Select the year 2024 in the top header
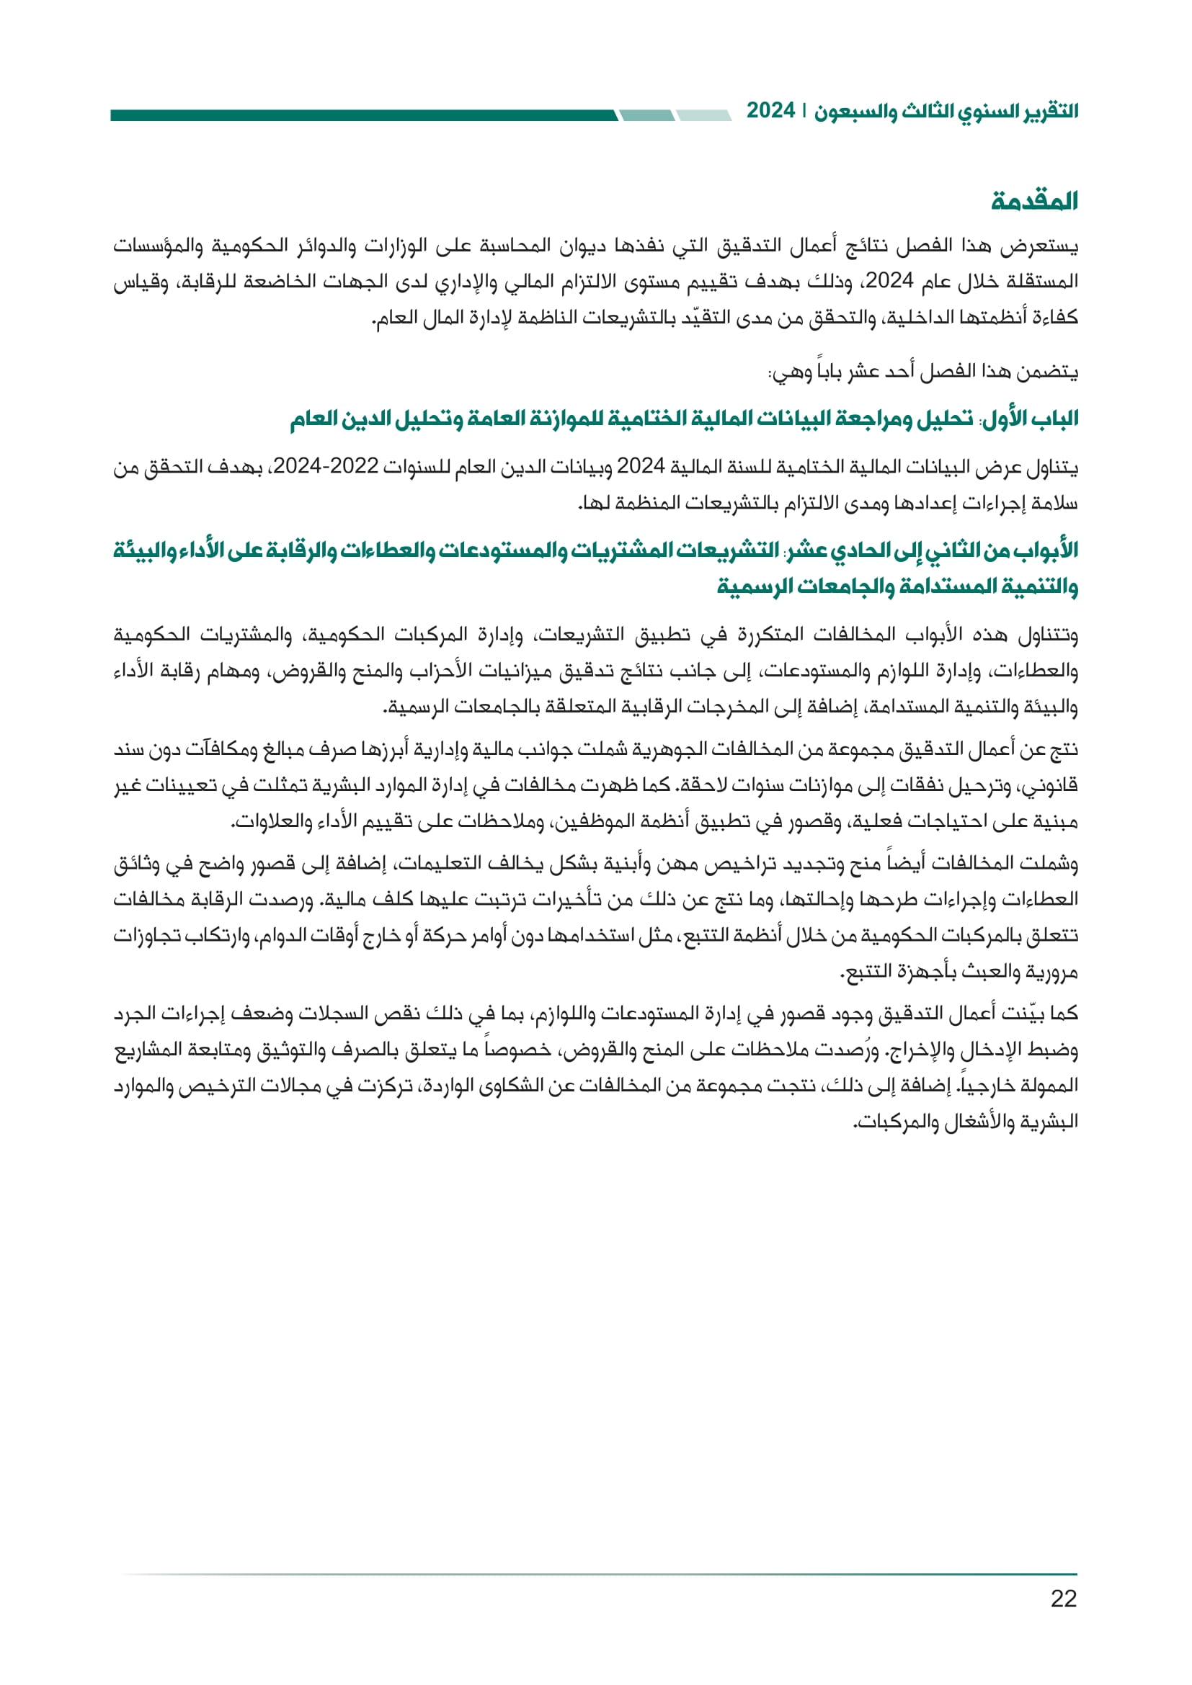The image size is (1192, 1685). click(x=770, y=111)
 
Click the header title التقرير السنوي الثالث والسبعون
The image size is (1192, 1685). click(x=946, y=112)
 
